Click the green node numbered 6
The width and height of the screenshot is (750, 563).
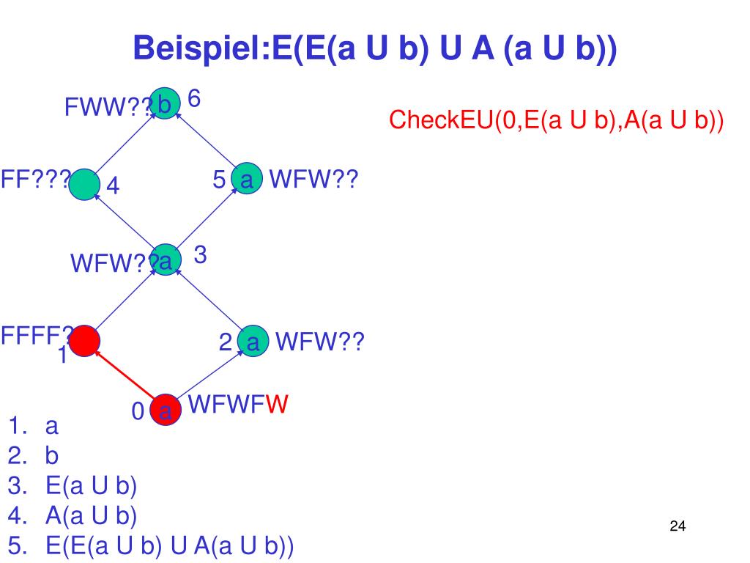(164, 103)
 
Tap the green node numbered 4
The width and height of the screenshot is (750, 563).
(86, 184)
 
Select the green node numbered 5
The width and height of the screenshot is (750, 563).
(245, 179)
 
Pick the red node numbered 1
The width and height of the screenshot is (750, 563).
(85, 340)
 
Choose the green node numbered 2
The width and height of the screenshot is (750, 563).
(253, 341)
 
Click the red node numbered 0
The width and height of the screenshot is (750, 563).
(166, 410)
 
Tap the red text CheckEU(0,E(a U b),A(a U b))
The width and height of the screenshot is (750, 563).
(556, 119)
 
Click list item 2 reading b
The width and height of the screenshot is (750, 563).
(51, 456)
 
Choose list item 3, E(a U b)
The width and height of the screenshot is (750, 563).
(91, 486)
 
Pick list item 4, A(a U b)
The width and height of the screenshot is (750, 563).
(91, 516)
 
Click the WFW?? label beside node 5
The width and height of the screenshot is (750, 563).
(313, 179)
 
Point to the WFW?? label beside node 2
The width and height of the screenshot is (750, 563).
(319, 342)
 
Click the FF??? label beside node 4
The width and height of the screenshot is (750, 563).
(35, 179)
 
